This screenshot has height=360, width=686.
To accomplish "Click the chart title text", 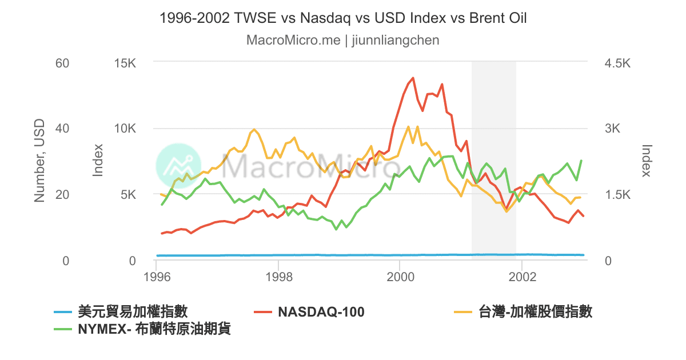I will point(343,18).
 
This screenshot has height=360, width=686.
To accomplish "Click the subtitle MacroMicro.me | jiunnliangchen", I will point(343,41).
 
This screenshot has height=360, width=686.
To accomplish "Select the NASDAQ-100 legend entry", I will point(321,312).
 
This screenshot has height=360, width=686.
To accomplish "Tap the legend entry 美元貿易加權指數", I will point(132,312).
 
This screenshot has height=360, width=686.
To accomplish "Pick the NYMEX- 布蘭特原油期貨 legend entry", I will point(154,330).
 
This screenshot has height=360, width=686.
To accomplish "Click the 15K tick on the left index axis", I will point(125,62).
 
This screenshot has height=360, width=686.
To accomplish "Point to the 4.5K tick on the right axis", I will point(616,62).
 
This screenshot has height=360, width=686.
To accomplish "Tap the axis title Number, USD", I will point(39,161).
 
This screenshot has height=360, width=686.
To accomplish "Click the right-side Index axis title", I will point(647,161).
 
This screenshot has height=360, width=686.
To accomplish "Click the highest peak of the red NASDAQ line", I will point(413,78).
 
